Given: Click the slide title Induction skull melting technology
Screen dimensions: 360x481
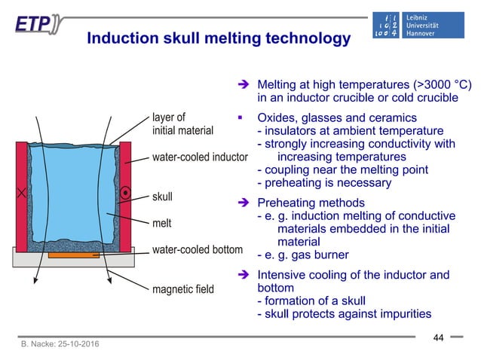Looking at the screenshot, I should pyautogui.click(x=218, y=37).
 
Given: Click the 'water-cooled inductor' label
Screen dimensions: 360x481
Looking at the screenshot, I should pyautogui.click(x=200, y=157).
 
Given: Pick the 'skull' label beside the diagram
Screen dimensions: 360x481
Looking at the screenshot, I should pyautogui.click(x=162, y=197).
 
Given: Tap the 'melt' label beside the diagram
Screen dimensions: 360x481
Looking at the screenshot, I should pyautogui.click(x=163, y=224).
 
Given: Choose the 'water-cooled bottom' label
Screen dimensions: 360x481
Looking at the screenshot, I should pyautogui.click(x=198, y=249).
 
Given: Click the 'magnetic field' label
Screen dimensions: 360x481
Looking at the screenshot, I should pyautogui.click(x=182, y=288).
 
